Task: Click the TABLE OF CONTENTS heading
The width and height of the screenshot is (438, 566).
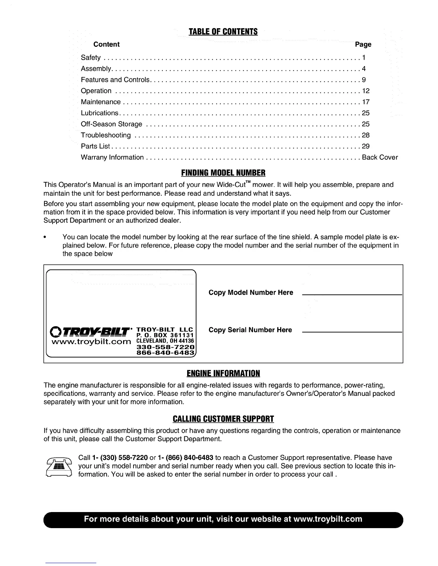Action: click(223, 32)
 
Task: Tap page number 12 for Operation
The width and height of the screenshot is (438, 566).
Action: click(366, 91)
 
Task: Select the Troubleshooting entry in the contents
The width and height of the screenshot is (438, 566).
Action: click(106, 135)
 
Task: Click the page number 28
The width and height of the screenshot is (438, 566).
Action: click(366, 135)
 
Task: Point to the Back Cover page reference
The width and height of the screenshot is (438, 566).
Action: click(380, 157)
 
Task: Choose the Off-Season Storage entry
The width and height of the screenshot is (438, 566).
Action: click(112, 124)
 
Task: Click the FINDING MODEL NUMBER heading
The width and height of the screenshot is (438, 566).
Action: click(223, 173)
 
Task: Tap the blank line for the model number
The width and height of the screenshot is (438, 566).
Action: click(352, 294)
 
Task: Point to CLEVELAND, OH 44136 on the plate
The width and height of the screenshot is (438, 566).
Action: click(165, 341)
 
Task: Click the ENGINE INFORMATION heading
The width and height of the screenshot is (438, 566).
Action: click(223, 373)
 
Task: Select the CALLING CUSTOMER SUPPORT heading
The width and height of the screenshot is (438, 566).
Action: click(223, 419)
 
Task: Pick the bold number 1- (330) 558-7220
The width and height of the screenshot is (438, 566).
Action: click(120, 458)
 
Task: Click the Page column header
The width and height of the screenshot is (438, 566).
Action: click(363, 44)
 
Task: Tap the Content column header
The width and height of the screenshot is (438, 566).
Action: click(106, 44)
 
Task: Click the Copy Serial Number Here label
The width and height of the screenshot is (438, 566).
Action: click(250, 330)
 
